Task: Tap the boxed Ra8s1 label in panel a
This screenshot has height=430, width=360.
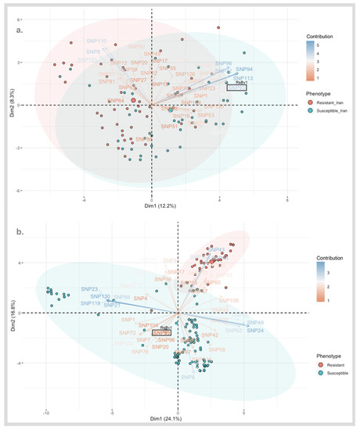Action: coord(238,88)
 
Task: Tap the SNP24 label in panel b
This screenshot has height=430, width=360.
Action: coord(255,331)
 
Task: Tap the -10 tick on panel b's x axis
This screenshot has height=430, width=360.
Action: coord(46,400)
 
